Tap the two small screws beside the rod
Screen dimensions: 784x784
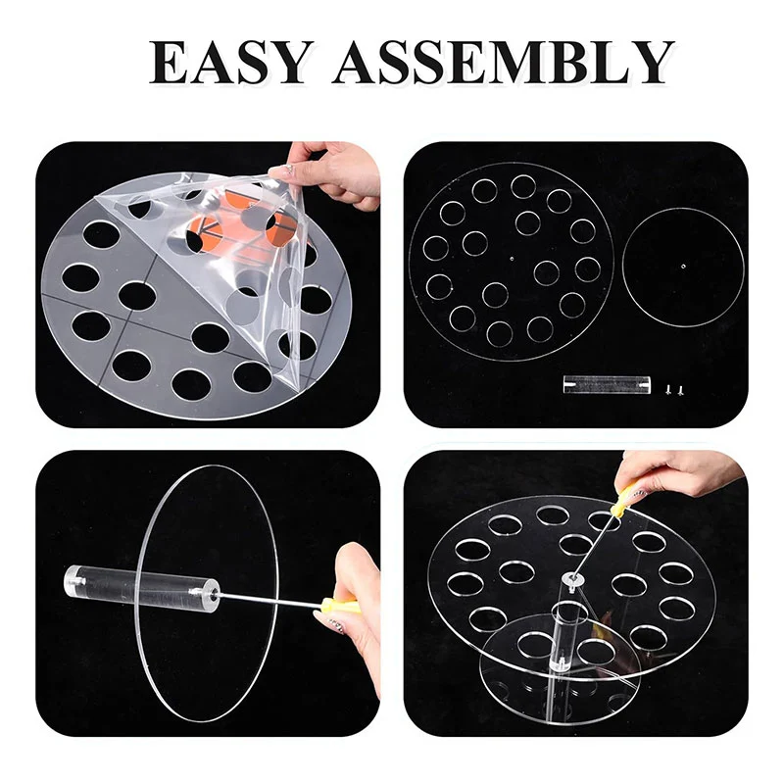click(673, 388)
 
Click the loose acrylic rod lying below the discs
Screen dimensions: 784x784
click(607, 384)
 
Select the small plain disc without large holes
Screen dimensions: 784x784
click(683, 267)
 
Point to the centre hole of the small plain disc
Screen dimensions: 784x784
click(683, 267)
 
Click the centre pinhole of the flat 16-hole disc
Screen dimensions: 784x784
click(511, 259)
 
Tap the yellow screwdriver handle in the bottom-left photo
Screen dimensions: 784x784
click(341, 605)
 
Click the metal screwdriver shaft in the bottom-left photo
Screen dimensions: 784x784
click(270, 599)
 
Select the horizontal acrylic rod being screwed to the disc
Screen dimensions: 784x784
click(142, 586)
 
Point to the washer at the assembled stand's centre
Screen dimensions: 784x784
click(570, 579)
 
